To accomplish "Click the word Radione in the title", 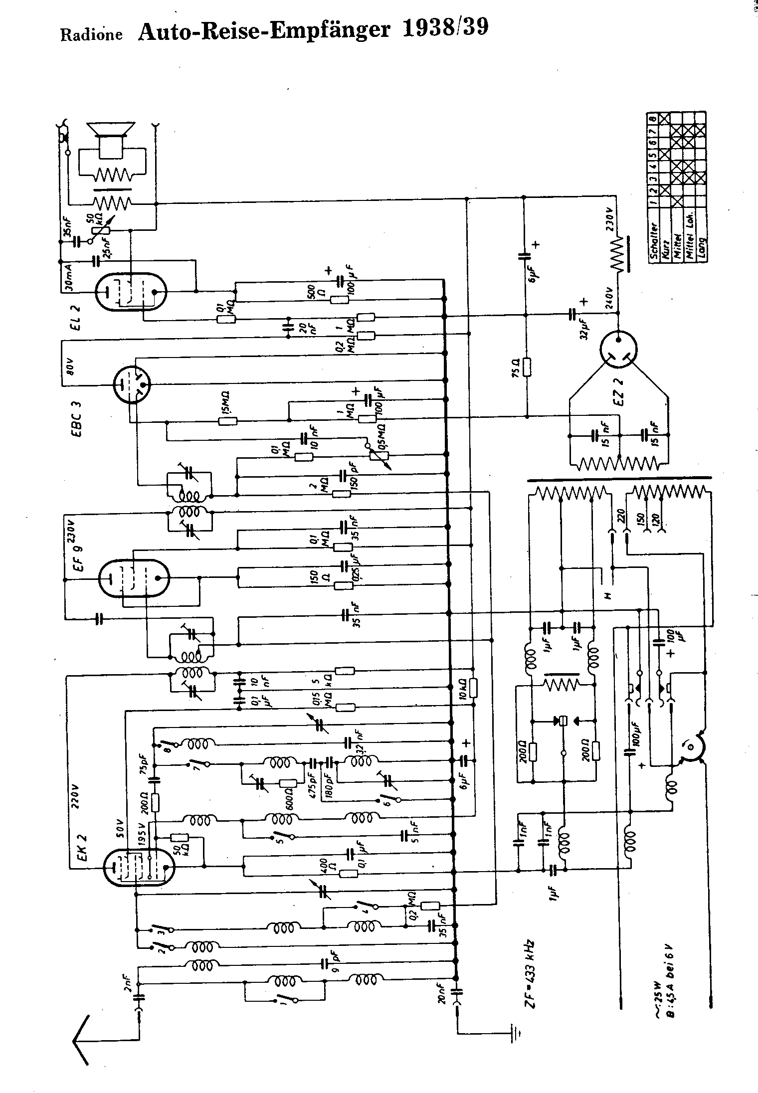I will click(91, 34).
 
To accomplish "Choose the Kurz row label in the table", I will click(665, 248).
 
